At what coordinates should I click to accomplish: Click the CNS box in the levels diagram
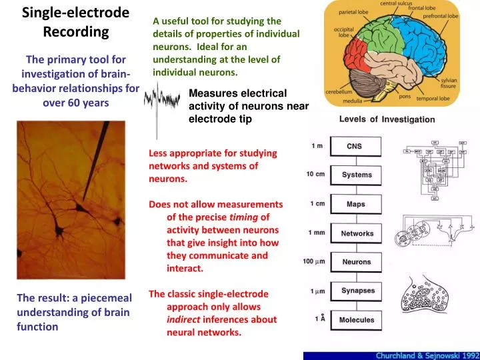tap(355, 146)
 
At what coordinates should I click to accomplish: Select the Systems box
tap(357, 175)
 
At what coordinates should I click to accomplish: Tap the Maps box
tap(356, 204)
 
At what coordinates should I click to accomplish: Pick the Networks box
tap(357, 233)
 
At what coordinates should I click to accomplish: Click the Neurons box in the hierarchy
tap(357, 262)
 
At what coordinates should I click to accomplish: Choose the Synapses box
tap(358, 291)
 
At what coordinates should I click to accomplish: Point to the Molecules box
tap(357, 320)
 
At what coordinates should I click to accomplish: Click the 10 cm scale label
tap(315, 174)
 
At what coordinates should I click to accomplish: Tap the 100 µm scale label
tap(314, 261)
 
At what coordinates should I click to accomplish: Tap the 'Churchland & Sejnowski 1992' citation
tap(424, 355)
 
